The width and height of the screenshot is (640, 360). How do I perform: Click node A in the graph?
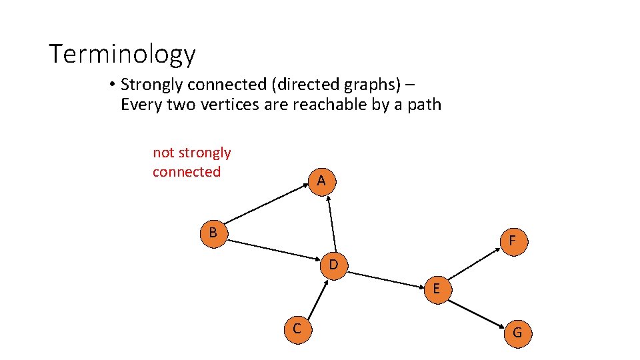pos(321,181)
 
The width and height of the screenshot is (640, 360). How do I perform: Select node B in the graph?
pos(213,233)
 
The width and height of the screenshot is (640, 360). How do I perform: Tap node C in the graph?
pos(297,329)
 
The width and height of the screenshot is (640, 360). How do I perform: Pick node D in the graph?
pos(333,265)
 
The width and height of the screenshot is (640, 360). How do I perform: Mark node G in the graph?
pos(517,333)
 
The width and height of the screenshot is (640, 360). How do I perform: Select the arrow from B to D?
pos(273,249)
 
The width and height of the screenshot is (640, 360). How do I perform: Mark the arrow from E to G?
pos(477,311)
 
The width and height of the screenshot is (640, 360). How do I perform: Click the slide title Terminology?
pos(123,54)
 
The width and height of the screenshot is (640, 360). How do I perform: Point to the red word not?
pos(163,153)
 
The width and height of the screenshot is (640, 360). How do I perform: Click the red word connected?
pos(186,172)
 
